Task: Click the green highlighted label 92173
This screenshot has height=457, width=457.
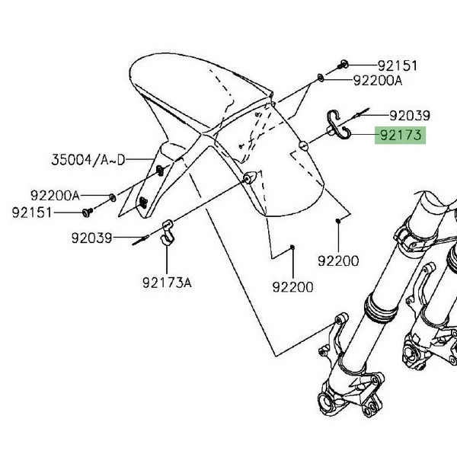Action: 400,136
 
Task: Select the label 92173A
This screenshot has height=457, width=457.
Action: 167,283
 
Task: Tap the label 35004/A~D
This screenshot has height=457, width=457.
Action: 88,160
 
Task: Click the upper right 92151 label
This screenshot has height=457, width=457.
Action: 398,66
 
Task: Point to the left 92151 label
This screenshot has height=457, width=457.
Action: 32,213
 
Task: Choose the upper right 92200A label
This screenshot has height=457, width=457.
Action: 378,81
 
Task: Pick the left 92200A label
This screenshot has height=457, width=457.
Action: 55,196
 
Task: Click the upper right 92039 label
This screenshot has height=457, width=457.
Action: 410,116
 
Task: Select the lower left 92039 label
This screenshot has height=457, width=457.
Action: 92,238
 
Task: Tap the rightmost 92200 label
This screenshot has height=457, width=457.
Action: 338,260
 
